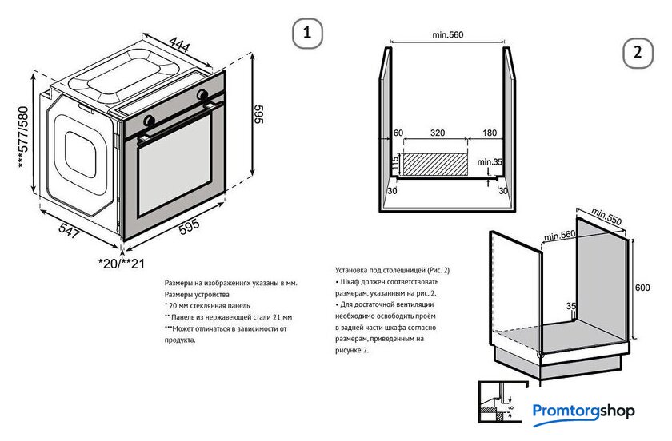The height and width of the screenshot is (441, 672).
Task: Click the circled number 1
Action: [x=307, y=34]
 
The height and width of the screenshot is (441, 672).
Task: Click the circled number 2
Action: [x=638, y=54]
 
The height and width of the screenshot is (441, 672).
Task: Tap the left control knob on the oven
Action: [x=149, y=120]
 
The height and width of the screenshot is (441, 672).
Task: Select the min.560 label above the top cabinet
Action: [x=448, y=34]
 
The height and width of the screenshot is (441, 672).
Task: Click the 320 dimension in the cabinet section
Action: [x=438, y=133]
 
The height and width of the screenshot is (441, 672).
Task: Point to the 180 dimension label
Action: [x=490, y=133]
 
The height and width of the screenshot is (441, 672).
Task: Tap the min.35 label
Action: [x=490, y=162]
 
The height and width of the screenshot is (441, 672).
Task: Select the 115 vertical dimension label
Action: [x=395, y=164]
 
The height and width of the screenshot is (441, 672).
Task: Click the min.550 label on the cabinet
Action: [x=608, y=217]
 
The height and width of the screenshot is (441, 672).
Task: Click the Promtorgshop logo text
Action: [x=583, y=411]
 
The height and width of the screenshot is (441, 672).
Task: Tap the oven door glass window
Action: [x=180, y=180]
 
